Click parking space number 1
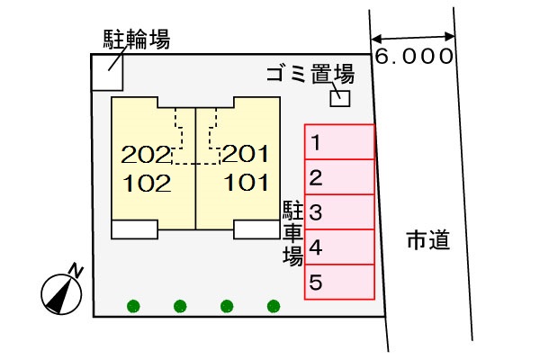[339, 141]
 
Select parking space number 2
[339, 176]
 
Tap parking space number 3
[339, 212]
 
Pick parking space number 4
[339, 247]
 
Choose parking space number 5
[339, 282]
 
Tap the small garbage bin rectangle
[340, 97]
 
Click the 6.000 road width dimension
[413, 57]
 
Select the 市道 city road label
[427, 240]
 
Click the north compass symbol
[61, 290]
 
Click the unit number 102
[146, 184]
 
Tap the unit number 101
[245, 184]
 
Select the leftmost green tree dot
[133, 306]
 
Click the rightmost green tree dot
[274, 306]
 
